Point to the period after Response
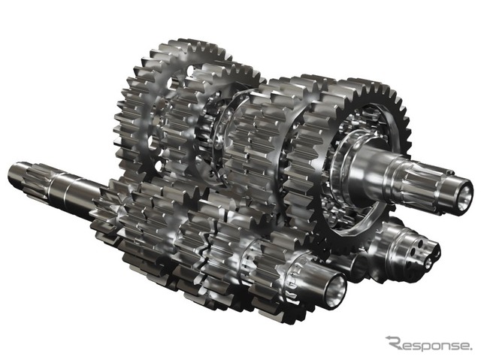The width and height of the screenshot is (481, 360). coord(471,348)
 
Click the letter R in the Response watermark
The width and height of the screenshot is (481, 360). coord(396,343)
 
